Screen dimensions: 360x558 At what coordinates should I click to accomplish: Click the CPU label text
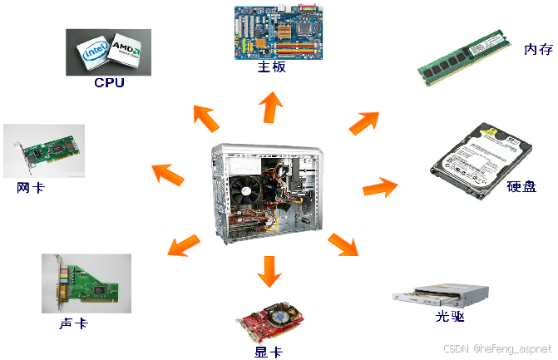(109, 82)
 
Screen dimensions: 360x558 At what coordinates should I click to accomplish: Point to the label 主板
(272, 67)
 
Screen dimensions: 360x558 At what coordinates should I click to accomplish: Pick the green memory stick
(462, 57)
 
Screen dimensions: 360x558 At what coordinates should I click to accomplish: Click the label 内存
(538, 49)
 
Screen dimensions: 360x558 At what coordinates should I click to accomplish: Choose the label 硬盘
(521, 186)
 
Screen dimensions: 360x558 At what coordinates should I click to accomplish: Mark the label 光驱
(449, 318)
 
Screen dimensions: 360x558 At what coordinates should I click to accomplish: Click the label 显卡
(268, 352)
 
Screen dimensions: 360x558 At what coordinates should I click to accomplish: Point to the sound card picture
(86, 283)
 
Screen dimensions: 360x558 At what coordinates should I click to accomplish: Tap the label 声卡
(73, 323)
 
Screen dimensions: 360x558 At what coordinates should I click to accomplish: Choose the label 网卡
(31, 188)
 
